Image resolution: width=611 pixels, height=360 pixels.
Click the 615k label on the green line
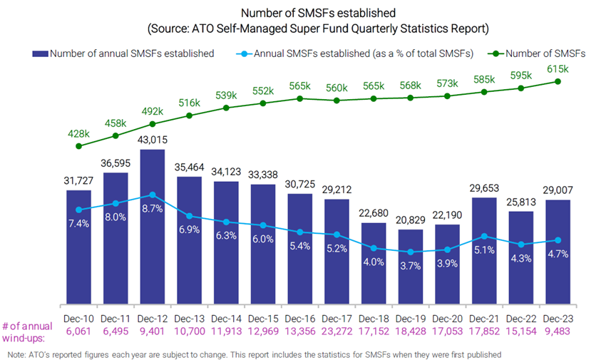[x=558, y=69]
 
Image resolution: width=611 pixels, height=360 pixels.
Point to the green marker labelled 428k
[x=78, y=146]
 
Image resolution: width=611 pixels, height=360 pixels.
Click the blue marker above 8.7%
[x=153, y=195]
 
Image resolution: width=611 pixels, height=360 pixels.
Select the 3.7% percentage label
[x=409, y=265]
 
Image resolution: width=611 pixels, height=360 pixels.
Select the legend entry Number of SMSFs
[x=541, y=53]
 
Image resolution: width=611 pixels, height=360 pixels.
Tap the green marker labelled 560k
[x=336, y=101]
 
